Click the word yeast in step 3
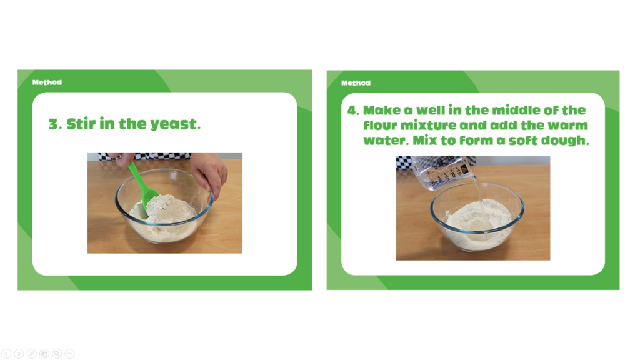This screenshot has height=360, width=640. pos(176,124)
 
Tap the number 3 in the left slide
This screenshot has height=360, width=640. pos(54,124)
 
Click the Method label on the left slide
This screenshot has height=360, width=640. pos(47,82)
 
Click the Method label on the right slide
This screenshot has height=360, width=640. pos(356,83)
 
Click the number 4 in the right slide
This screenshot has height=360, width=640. pos(352,111)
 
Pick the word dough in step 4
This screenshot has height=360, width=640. pos(565,141)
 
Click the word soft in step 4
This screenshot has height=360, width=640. pos(523,141)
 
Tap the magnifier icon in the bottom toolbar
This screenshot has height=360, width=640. pos(57,354)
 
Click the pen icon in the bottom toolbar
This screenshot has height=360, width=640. pos(31,354)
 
